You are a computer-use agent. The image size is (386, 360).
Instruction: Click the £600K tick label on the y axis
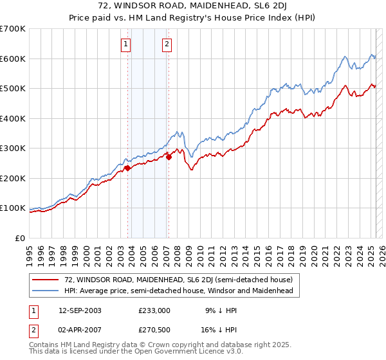13,59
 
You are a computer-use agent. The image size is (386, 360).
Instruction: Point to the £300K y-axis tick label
13,148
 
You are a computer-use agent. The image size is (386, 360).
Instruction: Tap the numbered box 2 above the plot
167,44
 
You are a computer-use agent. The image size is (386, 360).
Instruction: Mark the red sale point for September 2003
127,168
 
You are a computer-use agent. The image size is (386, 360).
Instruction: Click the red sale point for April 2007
169,157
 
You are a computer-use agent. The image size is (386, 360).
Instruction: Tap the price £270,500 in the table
154,331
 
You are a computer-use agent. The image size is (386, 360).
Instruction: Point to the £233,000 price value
154,310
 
